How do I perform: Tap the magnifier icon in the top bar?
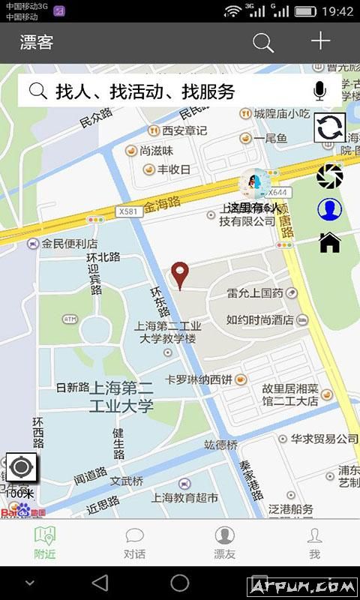263,43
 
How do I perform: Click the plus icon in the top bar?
321,41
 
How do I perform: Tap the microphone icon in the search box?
320,91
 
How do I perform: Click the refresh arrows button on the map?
329,127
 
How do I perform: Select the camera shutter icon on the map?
329,176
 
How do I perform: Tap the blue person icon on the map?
328,210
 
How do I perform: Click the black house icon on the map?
330,242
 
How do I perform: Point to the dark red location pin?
179,274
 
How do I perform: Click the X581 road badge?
128,212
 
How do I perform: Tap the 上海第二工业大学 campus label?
122,397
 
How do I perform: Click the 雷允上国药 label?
255,292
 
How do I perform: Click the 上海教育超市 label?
184,497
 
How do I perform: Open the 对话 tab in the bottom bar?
135,543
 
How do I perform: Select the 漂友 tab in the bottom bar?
225,543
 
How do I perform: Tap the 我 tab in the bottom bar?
315,543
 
